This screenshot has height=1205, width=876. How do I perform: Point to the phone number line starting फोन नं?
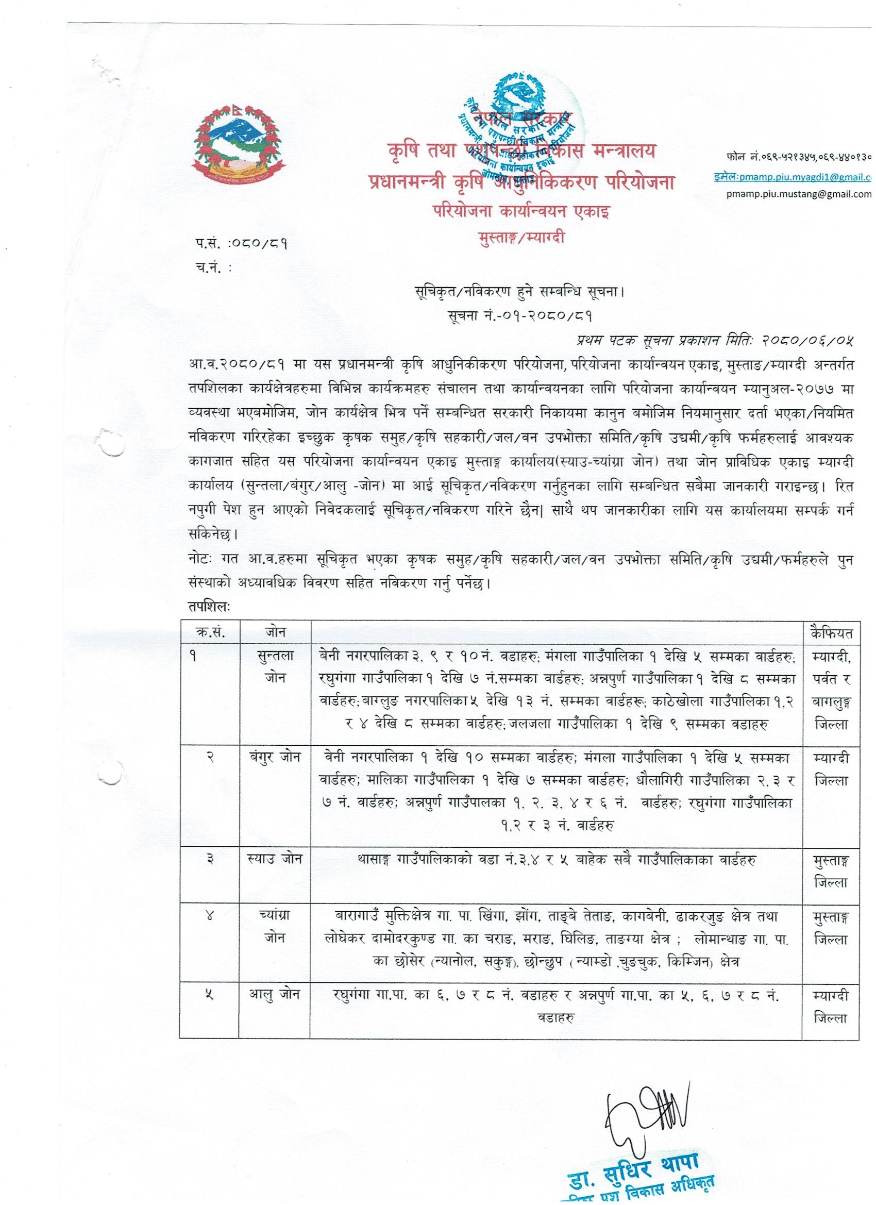click(797, 157)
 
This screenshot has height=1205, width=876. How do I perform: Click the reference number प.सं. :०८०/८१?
click(243, 244)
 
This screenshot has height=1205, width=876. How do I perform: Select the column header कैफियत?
click(832, 633)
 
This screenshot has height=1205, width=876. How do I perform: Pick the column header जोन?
click(275, 633)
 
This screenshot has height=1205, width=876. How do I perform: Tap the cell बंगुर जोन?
click(275, 758)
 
